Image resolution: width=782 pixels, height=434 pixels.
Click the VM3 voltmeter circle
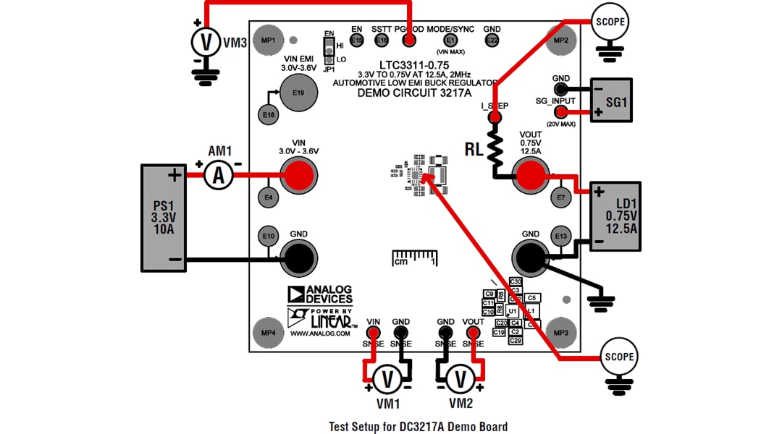[207, 43]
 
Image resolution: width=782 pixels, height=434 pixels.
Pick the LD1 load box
[616, 216]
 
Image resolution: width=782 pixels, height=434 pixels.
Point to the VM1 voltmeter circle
[387, 378]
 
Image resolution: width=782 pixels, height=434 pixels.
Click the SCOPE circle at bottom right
[619, 357]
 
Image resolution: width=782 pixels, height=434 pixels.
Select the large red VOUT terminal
[531, 174]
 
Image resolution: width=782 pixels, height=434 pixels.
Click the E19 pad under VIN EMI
[298, 93]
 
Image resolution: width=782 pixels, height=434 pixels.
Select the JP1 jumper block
[329, 52]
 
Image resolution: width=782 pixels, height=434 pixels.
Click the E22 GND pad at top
[492, 41]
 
